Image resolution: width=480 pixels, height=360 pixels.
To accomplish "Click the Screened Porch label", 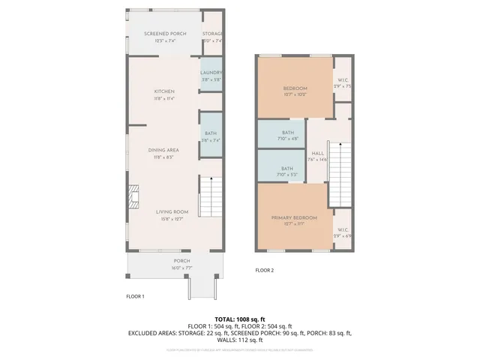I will click(165, 34).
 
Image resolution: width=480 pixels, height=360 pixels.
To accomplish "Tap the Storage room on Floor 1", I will click(213, 37).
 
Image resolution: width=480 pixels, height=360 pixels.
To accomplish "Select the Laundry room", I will click(211, 75).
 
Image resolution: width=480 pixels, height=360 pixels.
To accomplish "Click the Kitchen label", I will click(164, 92).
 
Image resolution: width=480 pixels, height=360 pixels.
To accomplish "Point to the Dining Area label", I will click(163, 150).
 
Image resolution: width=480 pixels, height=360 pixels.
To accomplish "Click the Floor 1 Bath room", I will click(211, 136).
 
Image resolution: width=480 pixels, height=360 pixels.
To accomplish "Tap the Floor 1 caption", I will click(135, 296).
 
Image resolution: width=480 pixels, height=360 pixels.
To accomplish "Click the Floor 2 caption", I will click(265, 270).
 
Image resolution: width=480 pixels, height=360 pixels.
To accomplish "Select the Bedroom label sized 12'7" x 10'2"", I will click(295, 89).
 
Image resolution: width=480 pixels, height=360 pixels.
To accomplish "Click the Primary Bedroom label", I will click(294, 217).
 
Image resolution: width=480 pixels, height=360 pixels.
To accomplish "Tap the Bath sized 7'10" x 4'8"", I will click(287, 134).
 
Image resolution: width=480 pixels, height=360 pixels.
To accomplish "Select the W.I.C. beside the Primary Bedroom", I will click(343, 232).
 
